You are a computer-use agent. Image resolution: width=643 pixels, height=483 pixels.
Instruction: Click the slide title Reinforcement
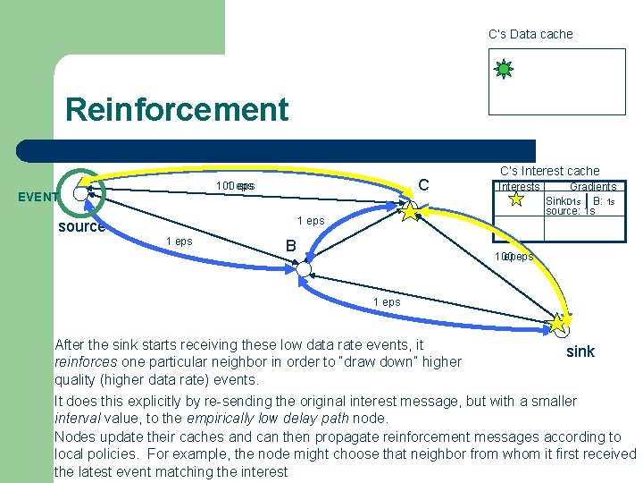coord(177,110)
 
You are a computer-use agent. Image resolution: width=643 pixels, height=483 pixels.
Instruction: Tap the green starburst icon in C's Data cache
coord(504,69)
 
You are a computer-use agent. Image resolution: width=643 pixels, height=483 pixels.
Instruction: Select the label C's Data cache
coord(530,34)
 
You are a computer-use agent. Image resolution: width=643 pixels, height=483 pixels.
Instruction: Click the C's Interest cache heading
coord(549,171)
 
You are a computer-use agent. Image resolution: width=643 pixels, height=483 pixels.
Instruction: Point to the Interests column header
coord(519,187)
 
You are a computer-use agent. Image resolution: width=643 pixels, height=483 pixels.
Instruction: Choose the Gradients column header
coord(593,187)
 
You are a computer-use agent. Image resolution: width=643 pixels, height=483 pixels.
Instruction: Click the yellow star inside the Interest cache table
coord(516,200)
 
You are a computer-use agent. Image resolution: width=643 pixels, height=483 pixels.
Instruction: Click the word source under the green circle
coord(81,226)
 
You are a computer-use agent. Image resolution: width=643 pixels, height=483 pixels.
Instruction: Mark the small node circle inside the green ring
coord(81,192)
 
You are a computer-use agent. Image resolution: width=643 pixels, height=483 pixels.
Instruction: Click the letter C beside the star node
coord(424,185)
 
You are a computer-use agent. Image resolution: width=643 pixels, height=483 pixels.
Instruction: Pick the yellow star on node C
coord(410,211)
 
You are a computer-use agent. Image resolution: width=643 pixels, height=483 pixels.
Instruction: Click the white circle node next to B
coord(304,269)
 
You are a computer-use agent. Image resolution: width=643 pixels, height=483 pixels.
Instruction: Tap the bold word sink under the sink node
coord(580,352)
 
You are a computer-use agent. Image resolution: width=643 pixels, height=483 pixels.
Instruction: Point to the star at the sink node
coord(561,322)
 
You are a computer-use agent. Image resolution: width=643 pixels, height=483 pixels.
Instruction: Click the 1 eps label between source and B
coord(179,241)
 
